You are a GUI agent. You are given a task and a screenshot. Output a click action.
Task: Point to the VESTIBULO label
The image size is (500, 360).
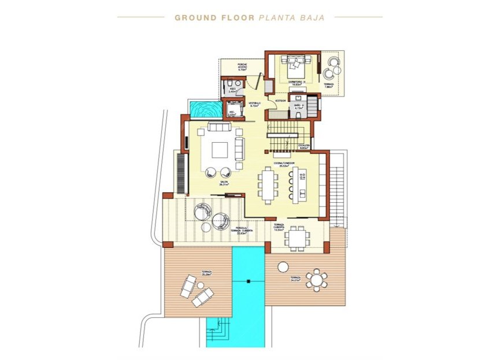[254, 105]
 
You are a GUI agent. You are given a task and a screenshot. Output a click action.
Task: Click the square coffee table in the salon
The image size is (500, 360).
[220, 150]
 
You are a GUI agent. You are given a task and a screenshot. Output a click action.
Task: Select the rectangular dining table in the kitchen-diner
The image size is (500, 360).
[268, 184]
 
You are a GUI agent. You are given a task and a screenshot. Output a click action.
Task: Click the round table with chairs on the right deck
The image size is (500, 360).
[316, 281]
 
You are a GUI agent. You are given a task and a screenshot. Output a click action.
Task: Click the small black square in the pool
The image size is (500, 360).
[248, 281]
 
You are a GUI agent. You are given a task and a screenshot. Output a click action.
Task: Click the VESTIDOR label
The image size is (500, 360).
[280, 101]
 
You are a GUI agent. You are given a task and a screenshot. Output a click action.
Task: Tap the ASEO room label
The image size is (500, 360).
[232, 90]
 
